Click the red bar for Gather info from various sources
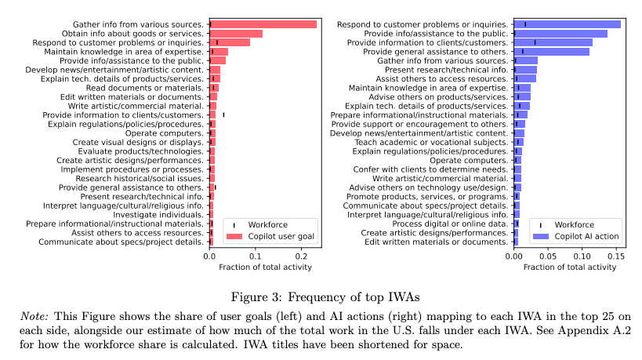pos(263,24)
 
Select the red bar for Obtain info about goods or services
pos(236,34)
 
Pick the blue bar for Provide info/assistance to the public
pos(560,34)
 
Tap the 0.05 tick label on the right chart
pos(547,256)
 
